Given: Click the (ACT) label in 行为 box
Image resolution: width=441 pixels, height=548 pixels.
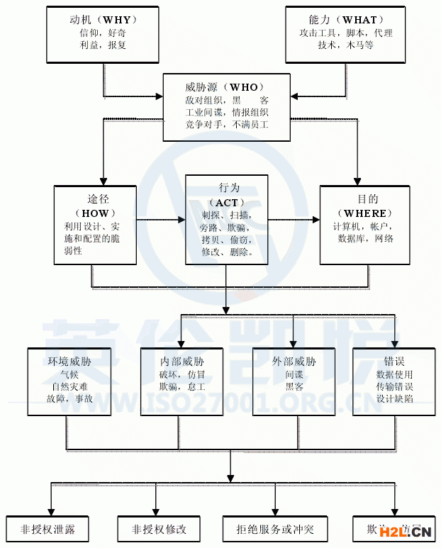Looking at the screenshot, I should [x=228, y=203].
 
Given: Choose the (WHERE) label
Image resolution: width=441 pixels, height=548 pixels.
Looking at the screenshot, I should [x=364, y=213].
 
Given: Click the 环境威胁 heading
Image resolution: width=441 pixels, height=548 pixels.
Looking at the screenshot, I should [x=69, y=361].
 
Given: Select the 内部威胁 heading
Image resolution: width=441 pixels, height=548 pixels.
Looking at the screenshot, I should [x=182, y=361].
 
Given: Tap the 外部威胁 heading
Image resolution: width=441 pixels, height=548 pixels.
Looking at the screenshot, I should [x=294, y=361].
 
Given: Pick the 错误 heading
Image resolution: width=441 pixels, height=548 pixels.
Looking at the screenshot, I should [x=393, y=361].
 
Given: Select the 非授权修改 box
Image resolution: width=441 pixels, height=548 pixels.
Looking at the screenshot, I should [x=158, y=529].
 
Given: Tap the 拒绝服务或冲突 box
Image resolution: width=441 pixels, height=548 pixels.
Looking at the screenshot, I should [x=275, y=529].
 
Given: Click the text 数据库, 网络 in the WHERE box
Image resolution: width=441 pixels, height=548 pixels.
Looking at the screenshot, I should [x=365, y=238].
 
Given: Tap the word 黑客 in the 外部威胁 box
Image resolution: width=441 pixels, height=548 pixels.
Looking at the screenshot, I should [x=294, y=386].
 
